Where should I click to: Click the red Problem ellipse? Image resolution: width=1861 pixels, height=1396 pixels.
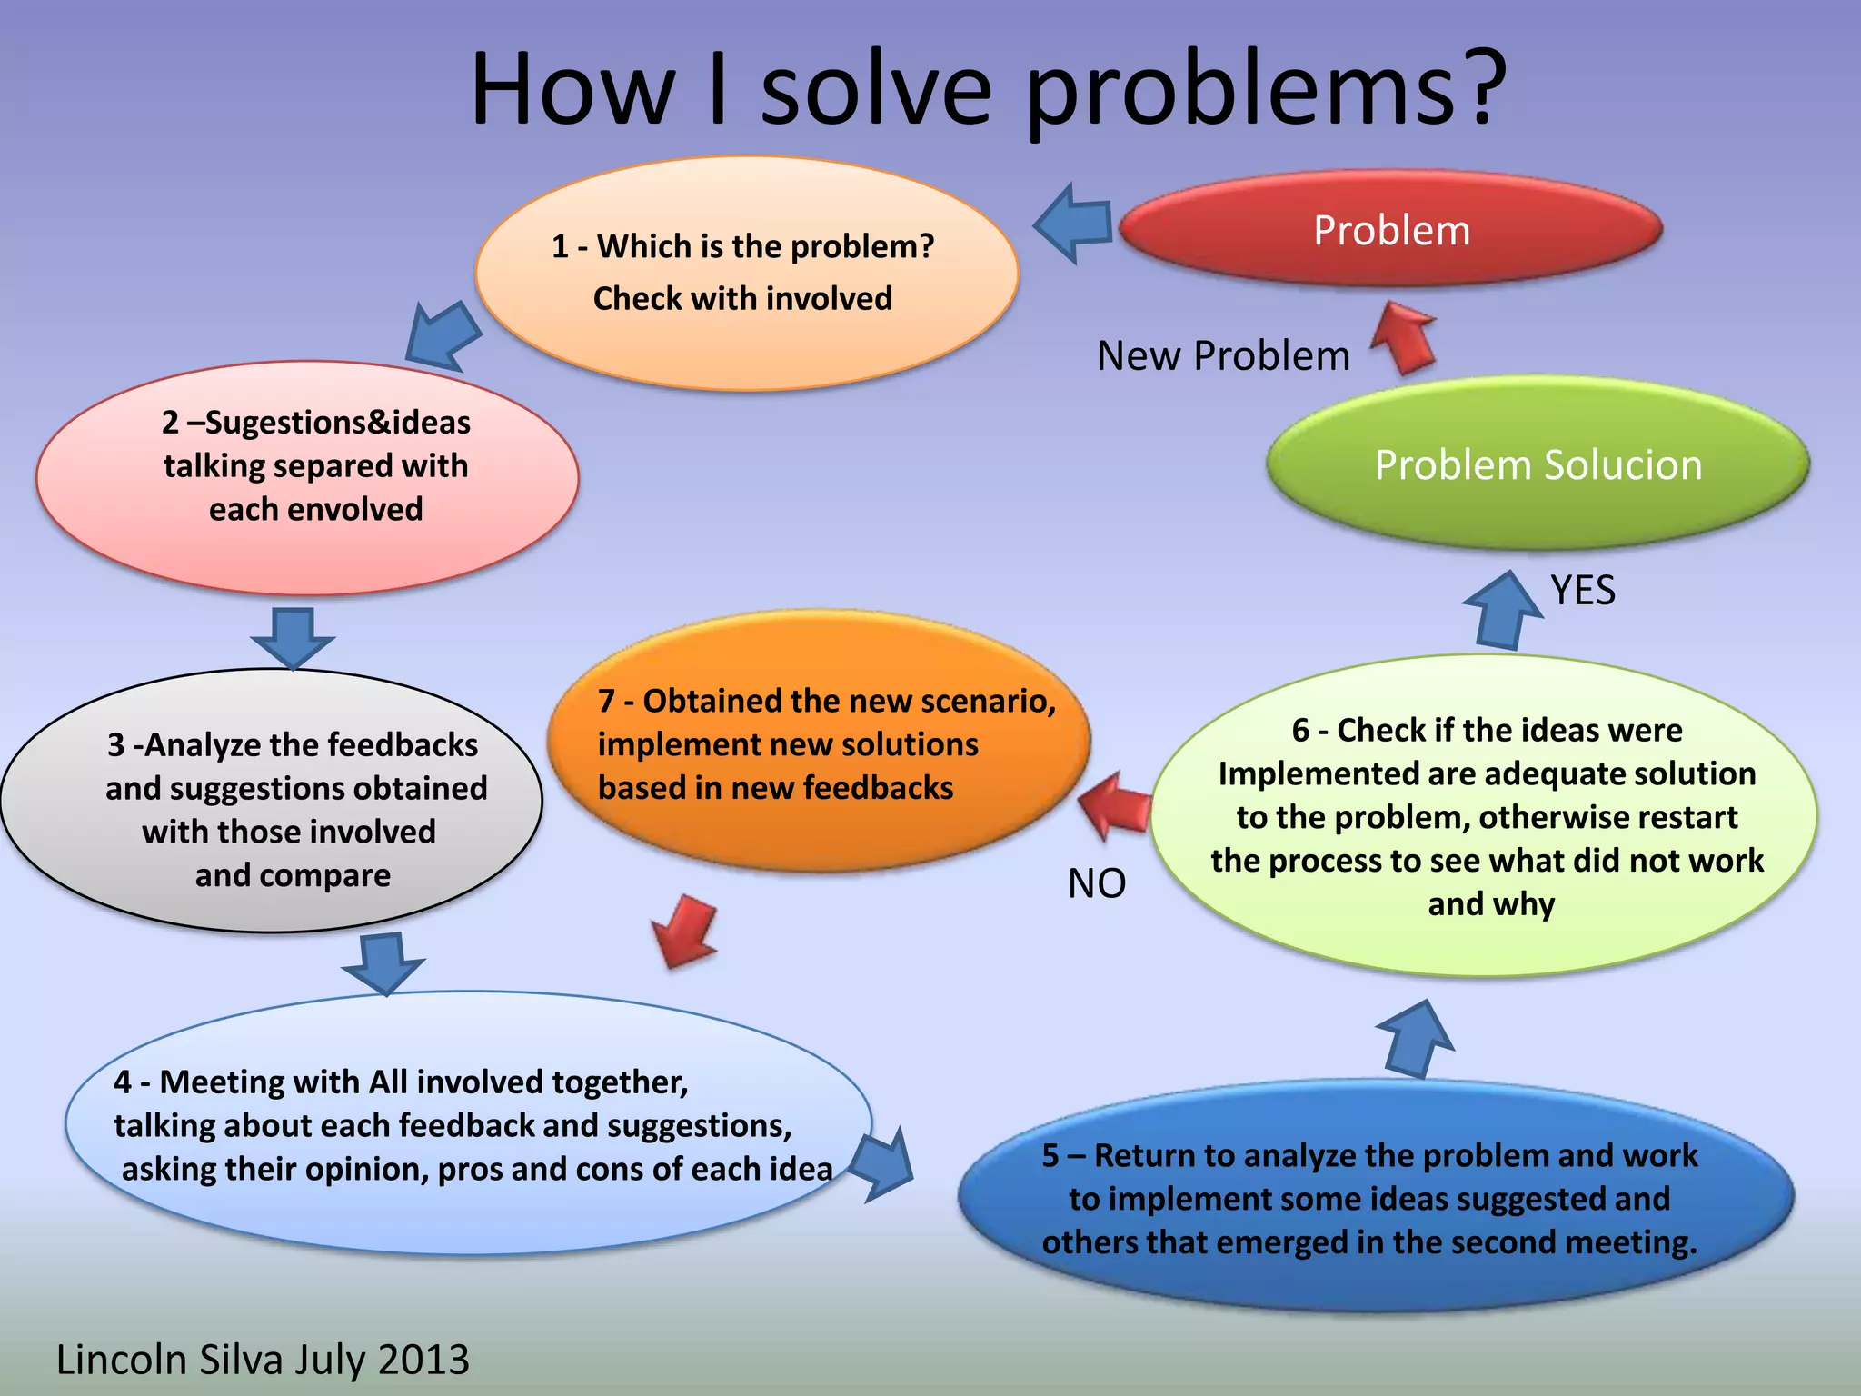coord(1390,229)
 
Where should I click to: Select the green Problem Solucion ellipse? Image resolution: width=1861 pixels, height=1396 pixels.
coord(1538,464)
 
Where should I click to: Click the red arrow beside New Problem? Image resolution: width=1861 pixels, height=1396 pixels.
coord(1404,337)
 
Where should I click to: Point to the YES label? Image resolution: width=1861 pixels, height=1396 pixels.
coord(1583,590)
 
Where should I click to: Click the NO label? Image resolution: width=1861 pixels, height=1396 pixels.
coord(1097,882)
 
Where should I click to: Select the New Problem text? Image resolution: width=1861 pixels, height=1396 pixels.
coord(1223,355)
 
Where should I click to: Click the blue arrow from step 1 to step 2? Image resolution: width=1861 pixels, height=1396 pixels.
coord(443,336)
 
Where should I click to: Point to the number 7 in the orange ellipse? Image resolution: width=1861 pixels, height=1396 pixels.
coord(606,701)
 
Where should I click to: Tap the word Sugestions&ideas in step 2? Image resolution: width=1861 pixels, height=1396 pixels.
coord(337,423)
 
